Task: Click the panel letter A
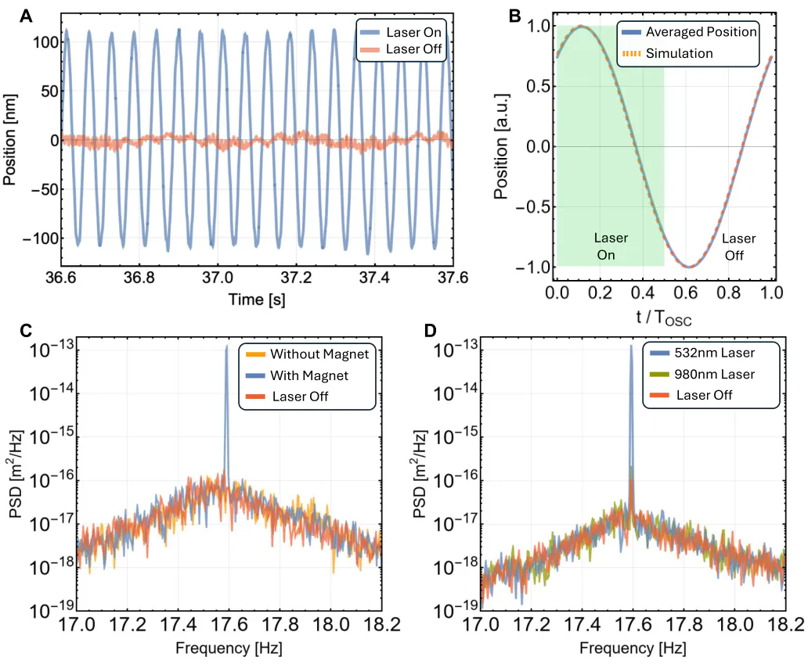pos(26,16)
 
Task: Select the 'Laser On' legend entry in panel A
pos(400,32)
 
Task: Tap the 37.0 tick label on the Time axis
pos(218,278)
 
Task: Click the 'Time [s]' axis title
pos(257,300)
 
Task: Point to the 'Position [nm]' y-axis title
pos(10,139)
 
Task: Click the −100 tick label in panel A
pos(41,239)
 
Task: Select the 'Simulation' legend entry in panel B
pos(668,53)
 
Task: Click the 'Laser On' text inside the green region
pos(611,246)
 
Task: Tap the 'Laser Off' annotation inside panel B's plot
pos(738,247)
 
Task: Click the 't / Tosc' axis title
pos(664,318)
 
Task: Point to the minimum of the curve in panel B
pos(690,267)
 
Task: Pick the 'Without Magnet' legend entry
pos(308,354)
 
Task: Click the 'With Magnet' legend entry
pos(298,375)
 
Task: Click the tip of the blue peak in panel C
pos(226,346)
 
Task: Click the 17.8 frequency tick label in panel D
pos(684,624)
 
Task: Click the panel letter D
pos(431,331)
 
